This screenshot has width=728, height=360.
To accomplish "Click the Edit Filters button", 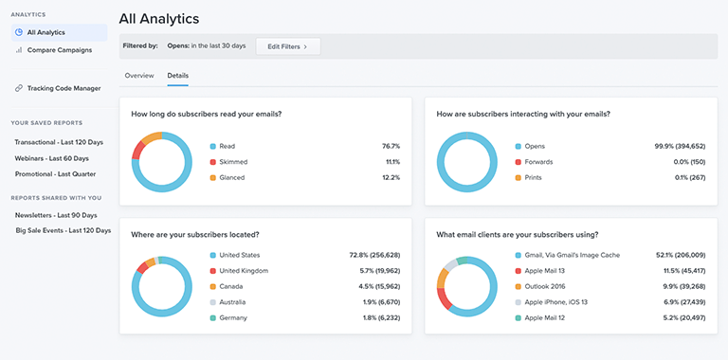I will tap(288, 45).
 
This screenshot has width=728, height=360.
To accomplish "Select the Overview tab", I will tap(139, 75).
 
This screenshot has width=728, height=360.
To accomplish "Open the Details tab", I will tap(178, 75).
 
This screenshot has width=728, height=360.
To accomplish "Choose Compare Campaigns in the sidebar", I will tap(59, 50).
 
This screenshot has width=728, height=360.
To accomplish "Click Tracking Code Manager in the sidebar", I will tap(64, 88).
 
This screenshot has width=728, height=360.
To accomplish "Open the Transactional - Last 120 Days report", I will tap(59, 142).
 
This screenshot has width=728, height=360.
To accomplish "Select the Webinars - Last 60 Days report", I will tap(51, 158).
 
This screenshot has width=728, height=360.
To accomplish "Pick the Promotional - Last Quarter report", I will tap(55, 174).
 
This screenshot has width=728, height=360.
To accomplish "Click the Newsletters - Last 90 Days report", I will tap(56, 215).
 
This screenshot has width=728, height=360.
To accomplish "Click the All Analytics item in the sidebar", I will tap(45, 32).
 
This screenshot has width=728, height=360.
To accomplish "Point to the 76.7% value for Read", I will tap(391, 147).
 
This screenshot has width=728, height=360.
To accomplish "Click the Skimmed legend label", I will tap(233, 162).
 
